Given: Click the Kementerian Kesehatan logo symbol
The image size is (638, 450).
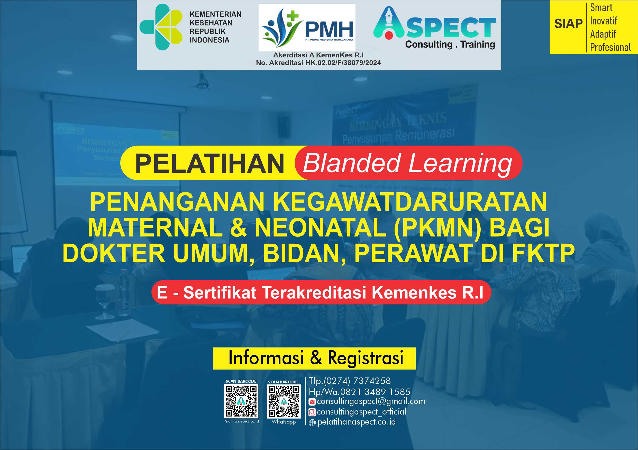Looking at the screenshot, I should (161, 27).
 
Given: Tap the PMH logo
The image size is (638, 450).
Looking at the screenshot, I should (307, 28).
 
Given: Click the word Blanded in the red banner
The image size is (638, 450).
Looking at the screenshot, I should (351, 163).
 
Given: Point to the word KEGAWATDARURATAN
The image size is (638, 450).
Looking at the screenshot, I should (410, 202).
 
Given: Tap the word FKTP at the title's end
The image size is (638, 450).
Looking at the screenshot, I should (543, 253).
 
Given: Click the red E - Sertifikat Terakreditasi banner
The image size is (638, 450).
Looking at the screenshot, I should (321, 293).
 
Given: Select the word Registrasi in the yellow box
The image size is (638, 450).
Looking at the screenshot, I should (366, 358).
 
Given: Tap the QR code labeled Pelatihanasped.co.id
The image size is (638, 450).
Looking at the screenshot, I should (241, 401).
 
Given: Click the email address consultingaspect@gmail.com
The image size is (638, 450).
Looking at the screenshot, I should (371, 401).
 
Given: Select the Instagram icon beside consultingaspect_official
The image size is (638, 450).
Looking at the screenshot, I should (312, 412).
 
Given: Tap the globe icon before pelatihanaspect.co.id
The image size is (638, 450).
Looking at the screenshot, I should (312, 423).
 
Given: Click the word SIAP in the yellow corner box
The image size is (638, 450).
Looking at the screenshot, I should (568, 24).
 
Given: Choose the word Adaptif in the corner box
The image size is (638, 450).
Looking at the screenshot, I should (603, 34).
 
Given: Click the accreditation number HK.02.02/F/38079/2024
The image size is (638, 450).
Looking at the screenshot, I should (343, 63).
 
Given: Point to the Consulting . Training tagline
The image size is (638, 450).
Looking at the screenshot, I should (450, 44).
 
